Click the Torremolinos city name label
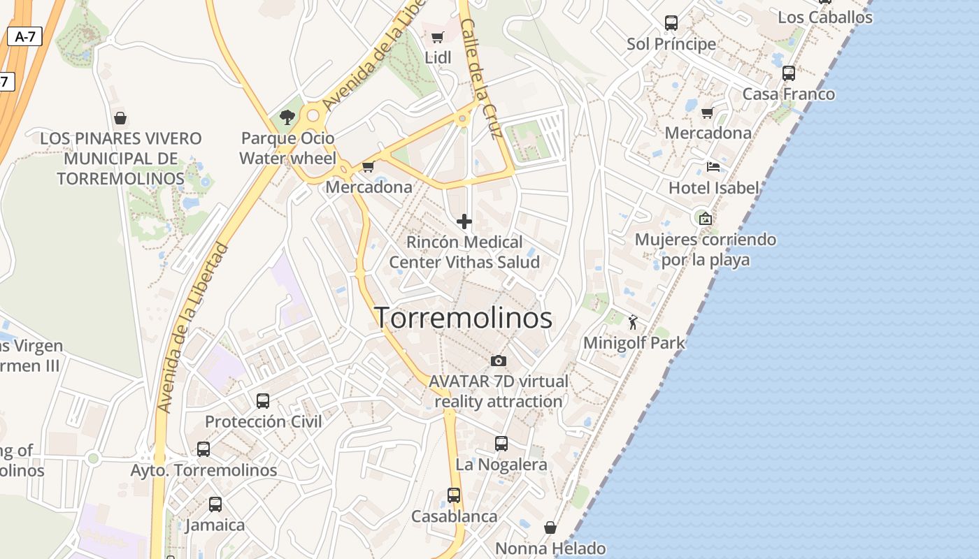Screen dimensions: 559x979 (464, 318)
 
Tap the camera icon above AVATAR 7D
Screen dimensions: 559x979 (498, 361)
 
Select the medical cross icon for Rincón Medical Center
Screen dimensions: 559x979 (464, 222)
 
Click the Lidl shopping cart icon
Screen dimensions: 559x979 (438, 37)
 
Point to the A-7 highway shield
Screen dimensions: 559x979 (25, 37)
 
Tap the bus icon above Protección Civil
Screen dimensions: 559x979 (263, 401)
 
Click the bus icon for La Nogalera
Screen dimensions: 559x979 (501, 444)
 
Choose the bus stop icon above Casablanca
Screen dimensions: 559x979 (454, 495)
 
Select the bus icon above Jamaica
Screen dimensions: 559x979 (215, 504)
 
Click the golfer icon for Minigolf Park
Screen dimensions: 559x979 (634, 322)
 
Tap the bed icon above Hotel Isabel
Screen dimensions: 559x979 (713, 167)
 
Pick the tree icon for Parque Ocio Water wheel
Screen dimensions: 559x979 (287, 117)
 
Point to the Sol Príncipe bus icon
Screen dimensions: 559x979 (671, 23)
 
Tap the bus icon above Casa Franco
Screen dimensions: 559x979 (789, 73)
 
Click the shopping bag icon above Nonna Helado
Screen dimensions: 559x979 (550, 528)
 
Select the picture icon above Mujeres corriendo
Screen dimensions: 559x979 (705, 219)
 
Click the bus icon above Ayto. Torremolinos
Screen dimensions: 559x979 (203, 449)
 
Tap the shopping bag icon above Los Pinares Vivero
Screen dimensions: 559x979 (120, 118)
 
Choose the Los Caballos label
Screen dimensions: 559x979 (825, 17)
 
